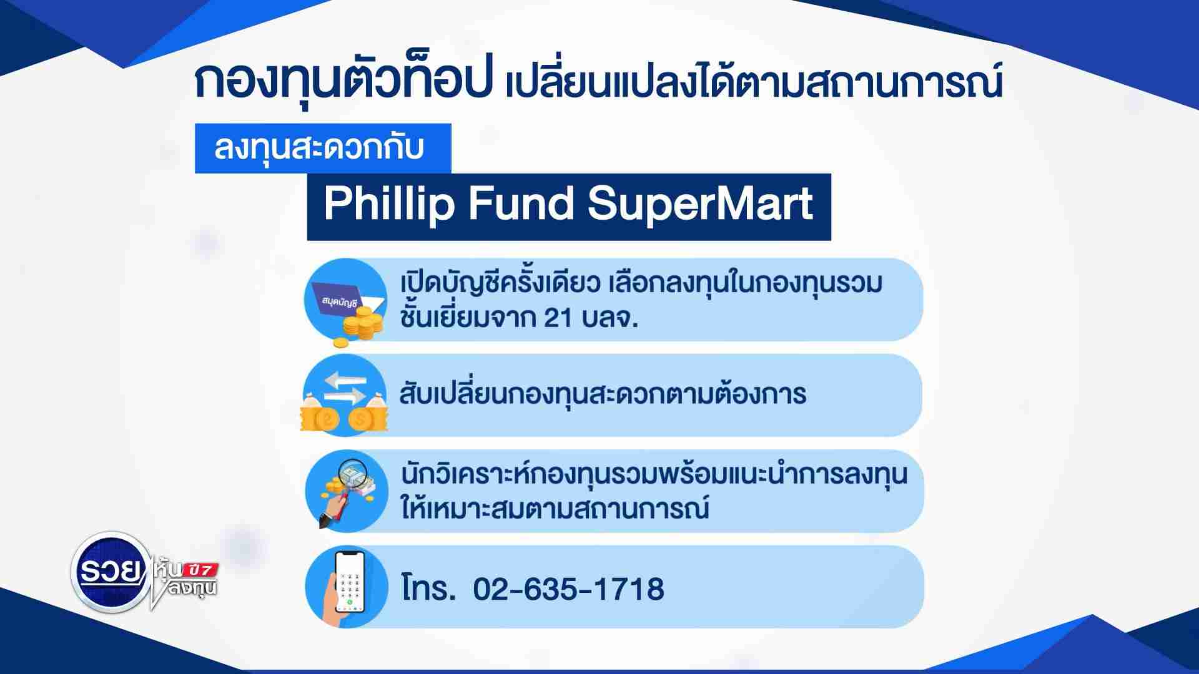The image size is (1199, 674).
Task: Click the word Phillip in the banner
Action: point(388,204)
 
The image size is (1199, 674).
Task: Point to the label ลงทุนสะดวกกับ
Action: point(319,148)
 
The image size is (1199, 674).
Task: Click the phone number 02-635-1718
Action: point(568,589)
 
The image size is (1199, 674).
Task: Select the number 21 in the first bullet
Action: point(558,318)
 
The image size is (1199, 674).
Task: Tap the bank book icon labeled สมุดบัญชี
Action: point(347,298)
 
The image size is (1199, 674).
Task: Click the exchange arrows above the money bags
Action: point(345,388)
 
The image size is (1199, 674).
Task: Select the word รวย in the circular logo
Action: point(110,572)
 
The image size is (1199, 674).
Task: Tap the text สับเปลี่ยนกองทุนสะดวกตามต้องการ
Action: point(603,393)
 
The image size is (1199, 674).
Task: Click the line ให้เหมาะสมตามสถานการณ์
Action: point(555,507)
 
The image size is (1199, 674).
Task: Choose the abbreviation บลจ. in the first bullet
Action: point(609,318)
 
